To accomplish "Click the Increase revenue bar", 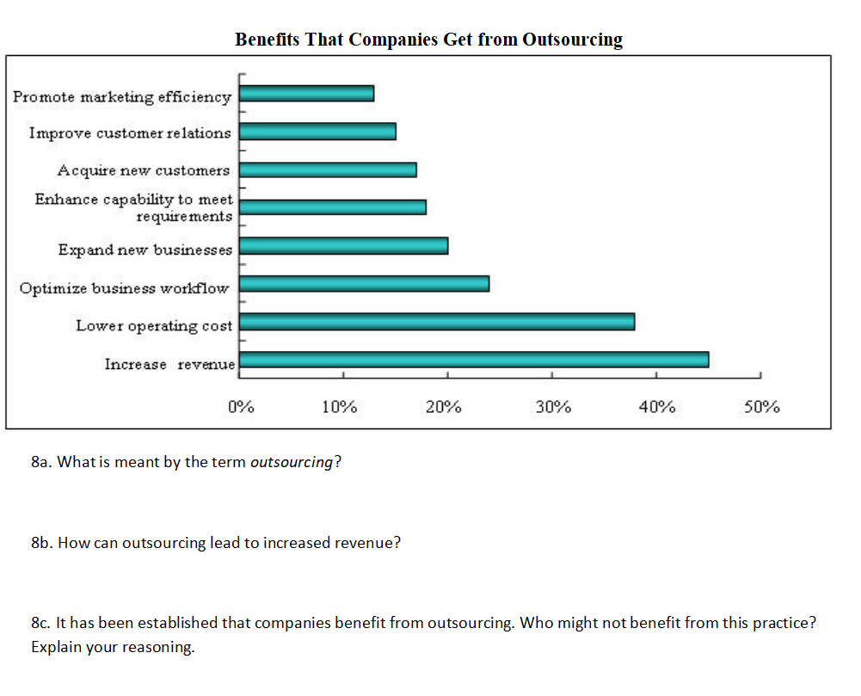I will coord(474,360).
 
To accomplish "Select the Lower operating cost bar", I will coord(437,322).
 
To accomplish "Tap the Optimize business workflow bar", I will coord(364,284).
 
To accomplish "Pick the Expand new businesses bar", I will coord(343,246).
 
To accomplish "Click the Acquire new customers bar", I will coord(328,170).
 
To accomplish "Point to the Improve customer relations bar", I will coord(317,132).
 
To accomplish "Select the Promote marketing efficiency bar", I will coord(306,94).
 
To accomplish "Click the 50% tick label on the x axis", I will coord(761,407).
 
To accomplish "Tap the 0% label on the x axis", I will coord(241,407).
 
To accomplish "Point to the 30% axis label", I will coord(553,407).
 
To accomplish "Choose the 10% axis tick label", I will coord(340,407).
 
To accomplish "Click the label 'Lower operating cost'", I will coord(154,325).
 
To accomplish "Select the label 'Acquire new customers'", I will coord(144,170).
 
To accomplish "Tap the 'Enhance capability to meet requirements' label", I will coord(133,207).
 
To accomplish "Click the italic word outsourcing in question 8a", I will coord(291,462).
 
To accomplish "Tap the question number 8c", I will coord(40,623).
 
